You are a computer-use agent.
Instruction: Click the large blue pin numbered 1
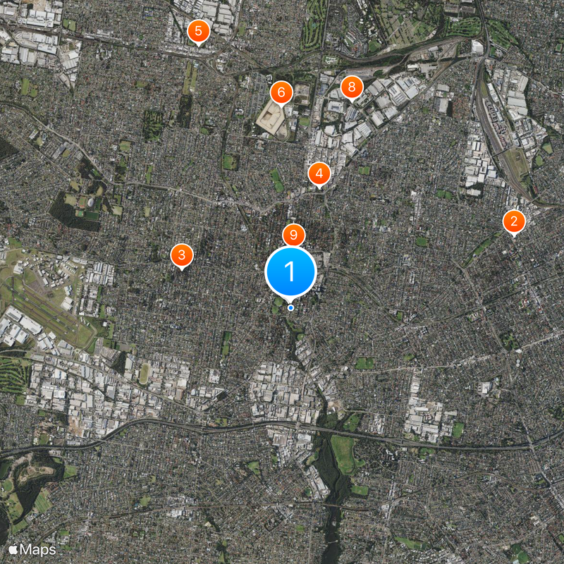coord(290,271)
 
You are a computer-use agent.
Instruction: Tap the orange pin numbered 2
coord(514,221)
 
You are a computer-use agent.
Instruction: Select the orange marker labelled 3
coord(182,255)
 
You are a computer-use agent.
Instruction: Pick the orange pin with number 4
coord(319,173)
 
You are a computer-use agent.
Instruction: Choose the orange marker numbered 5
coord(199,30)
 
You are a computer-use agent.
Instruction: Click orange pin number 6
coord(281,92)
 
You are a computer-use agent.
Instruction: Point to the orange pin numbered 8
coord(351,87)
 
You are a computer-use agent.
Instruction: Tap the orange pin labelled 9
coord(293,235)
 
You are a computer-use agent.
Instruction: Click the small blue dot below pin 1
coord(290,307)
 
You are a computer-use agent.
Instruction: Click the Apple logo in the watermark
coord(13,548)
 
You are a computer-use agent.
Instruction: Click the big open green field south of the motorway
coord(343,455)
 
